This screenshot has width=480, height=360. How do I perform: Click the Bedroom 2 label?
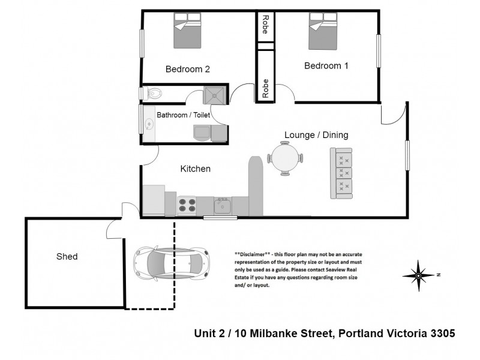[x=187, y=69]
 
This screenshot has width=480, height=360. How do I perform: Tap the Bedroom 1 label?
[x=326, y=66]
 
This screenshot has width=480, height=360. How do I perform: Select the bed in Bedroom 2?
[x=187, y=32]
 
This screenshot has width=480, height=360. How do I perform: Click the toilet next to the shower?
[x=154, y=93]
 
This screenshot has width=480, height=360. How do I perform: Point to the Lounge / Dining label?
[x=316, y=135]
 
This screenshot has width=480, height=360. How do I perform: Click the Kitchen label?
[x=196, y=169]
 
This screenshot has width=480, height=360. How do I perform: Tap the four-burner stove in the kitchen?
[x=188, y=206]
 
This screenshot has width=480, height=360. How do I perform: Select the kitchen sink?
[x=222, y=206]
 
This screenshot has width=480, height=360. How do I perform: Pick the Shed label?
[x=67, y=256]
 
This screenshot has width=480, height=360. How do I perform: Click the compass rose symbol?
[x=420, y=275]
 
